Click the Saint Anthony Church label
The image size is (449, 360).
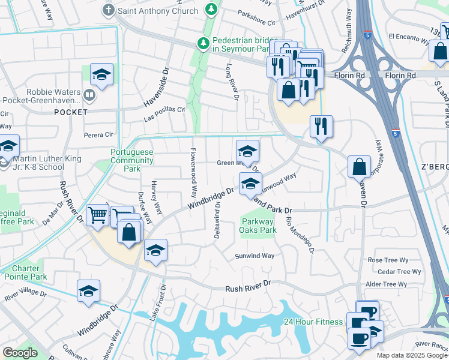click(x=158, y=11)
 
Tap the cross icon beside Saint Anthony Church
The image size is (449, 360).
click(x=109, y=10)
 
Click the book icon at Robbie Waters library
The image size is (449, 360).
click(x=89, y=94)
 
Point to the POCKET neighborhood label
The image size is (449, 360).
click(x=71, y=112)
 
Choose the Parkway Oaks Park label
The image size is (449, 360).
click(x=258, y=226)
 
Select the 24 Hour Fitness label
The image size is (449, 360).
click(x=313, y=322)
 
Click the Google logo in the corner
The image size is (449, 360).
click(x=20, y=353)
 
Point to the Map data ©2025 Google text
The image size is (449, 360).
click(x=411, y=355)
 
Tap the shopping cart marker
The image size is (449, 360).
click(x=97, y=215)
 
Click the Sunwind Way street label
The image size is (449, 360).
click(x=254, y=256)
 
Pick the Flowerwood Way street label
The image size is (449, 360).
click(x=193, y=173)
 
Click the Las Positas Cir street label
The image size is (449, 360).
click(x=164, y=114)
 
